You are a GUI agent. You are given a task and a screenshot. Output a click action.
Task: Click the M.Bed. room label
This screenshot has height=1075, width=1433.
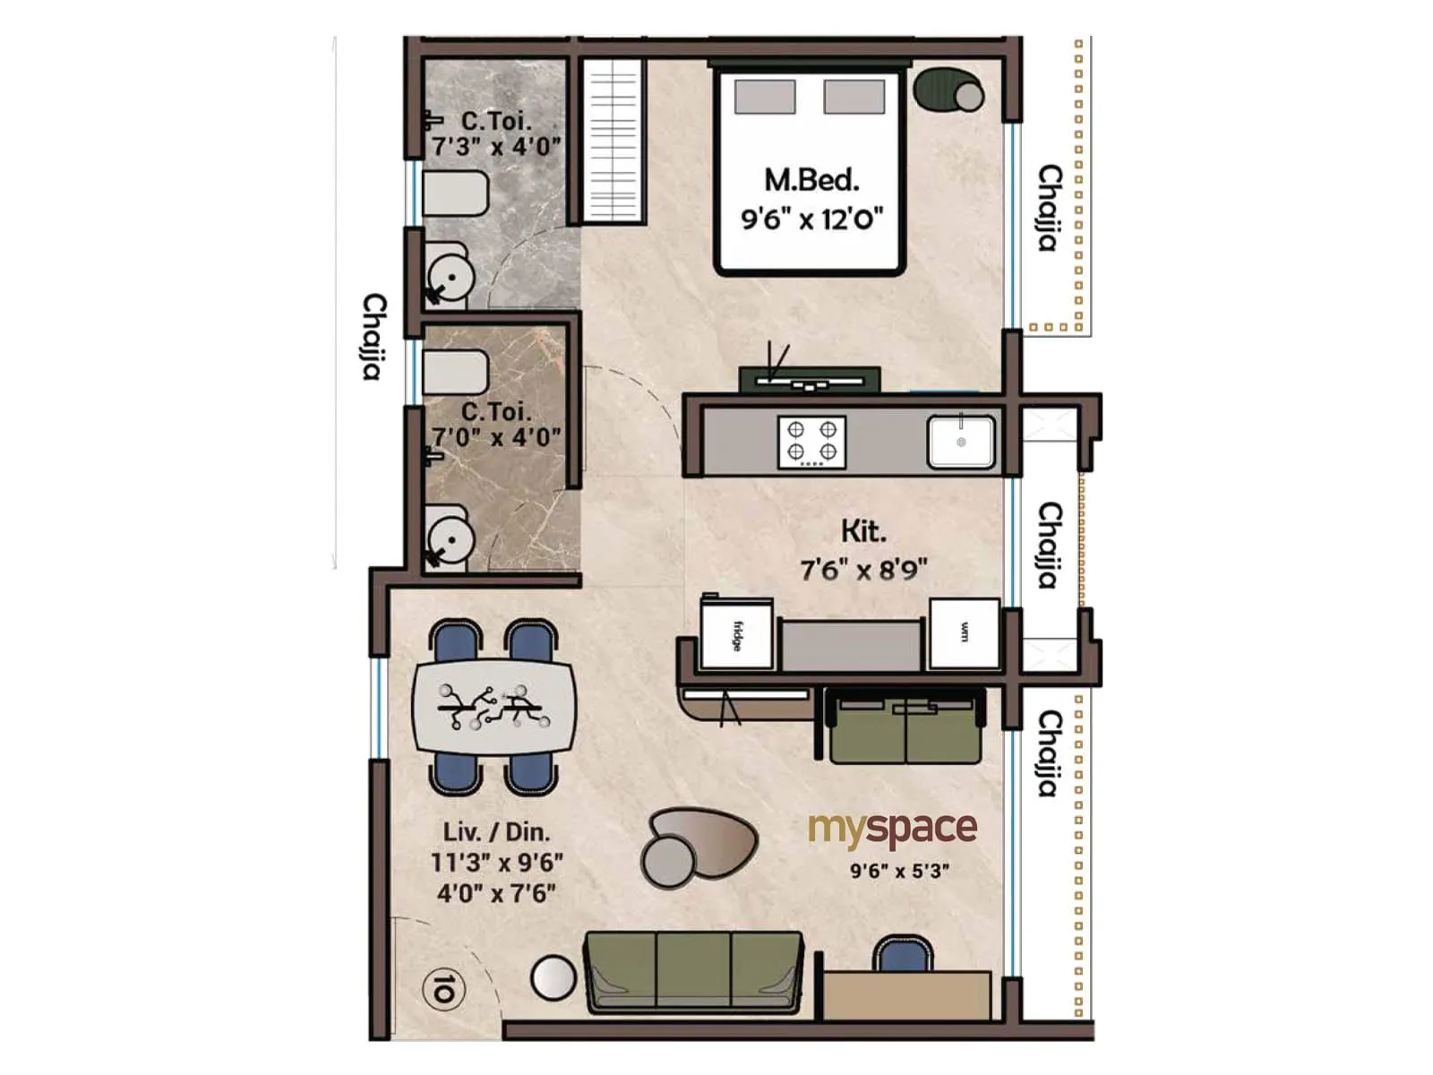[x=811, y=180]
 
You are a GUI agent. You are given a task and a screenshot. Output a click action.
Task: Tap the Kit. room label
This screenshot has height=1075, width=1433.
[x=863, y=531]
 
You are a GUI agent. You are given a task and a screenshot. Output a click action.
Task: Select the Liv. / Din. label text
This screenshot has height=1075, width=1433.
[x=496, y=831]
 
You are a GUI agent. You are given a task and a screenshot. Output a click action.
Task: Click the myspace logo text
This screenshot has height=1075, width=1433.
[x=892, y=830]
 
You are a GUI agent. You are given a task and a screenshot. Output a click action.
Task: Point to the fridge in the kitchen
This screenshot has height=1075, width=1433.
[x=736, y=635]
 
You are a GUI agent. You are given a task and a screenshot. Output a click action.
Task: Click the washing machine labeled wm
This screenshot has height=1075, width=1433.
[x=965, y=633]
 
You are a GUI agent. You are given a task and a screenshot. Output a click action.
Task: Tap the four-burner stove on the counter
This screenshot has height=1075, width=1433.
[x=811, y=442]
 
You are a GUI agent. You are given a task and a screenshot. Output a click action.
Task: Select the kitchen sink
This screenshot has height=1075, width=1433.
[x=961, y=442]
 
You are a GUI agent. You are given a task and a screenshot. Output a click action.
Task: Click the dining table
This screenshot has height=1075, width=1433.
[x=493, y=708]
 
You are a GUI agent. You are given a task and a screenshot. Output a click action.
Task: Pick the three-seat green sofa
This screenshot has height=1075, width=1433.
[x=693, y=971]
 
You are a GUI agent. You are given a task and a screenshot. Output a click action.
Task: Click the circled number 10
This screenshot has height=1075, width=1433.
[x=443, y=990]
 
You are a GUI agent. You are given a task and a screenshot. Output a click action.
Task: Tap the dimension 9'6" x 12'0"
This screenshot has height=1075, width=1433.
[x=811, y=219]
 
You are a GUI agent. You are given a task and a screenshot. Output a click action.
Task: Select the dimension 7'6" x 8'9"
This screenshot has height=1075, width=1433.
[x=863, y=570]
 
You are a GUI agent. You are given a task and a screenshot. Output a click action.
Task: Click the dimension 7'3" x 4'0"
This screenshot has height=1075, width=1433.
[x=496, y=146]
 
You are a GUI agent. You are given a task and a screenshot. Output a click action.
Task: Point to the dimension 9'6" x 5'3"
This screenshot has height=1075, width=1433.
[x=899, y=871]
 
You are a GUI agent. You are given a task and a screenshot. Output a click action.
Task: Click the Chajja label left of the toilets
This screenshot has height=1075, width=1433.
[x=374, y=336]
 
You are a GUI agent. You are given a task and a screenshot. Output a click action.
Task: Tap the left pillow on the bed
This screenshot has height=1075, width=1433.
[x=765, y=97]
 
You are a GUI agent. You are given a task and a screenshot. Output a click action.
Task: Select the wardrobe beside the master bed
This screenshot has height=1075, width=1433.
[x=614, y=141]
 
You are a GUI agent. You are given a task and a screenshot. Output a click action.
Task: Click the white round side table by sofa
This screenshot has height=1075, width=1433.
[x=553, y=978]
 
